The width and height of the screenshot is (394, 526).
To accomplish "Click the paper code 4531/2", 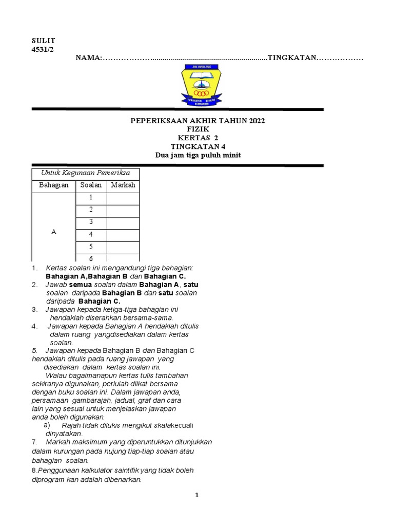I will click(x=43, y=49).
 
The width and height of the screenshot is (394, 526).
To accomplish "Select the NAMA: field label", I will click(x=89, y=59).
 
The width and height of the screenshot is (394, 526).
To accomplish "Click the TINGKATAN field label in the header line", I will click(x=291, y=59).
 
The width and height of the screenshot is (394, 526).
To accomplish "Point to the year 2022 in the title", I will click(x=257, y=121).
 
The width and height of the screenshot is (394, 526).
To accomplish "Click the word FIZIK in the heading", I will click(x=198, y=129).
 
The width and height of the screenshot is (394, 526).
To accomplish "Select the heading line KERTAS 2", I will click(x=198, y=138).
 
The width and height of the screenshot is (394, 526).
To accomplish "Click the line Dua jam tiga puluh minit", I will click(x=198, y=155).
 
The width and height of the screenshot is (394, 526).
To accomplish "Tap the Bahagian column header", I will click(x=54, y=185).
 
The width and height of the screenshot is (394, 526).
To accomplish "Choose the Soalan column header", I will click(x=91, y=185).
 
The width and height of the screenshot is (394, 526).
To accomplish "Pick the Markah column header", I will click(x=123, y=185).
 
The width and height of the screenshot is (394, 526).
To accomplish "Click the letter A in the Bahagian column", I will click(x=54, y=232).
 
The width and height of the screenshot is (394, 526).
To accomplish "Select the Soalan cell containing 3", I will click(x=91, y=222).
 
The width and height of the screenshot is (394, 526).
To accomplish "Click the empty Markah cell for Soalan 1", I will click(x=123, y=198).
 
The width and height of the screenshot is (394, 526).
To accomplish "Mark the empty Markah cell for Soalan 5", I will click(x=123, y=248).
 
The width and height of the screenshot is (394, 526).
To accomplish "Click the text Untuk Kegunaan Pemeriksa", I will click(x=85, y=173).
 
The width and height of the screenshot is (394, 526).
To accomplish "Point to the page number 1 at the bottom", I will click(x=196, y=495).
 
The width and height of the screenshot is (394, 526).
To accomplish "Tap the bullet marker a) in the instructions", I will click(x=47, y=425).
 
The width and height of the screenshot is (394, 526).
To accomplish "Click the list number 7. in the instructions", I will click(x=35, y=442).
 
